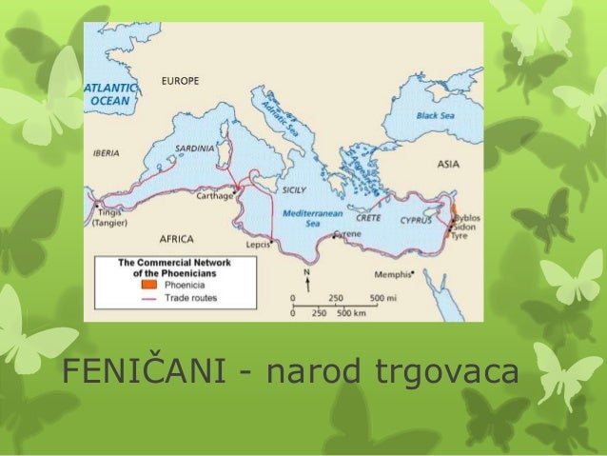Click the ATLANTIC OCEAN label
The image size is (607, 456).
(110, 93)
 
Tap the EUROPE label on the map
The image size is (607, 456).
(181, 81)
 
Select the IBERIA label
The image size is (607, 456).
(106, 151)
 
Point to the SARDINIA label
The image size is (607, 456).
(196, 149)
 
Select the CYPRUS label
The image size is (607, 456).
(415, 219)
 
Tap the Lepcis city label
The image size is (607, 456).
(258, 245)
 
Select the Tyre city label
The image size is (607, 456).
(463, 238)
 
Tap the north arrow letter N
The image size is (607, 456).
(306, 272)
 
